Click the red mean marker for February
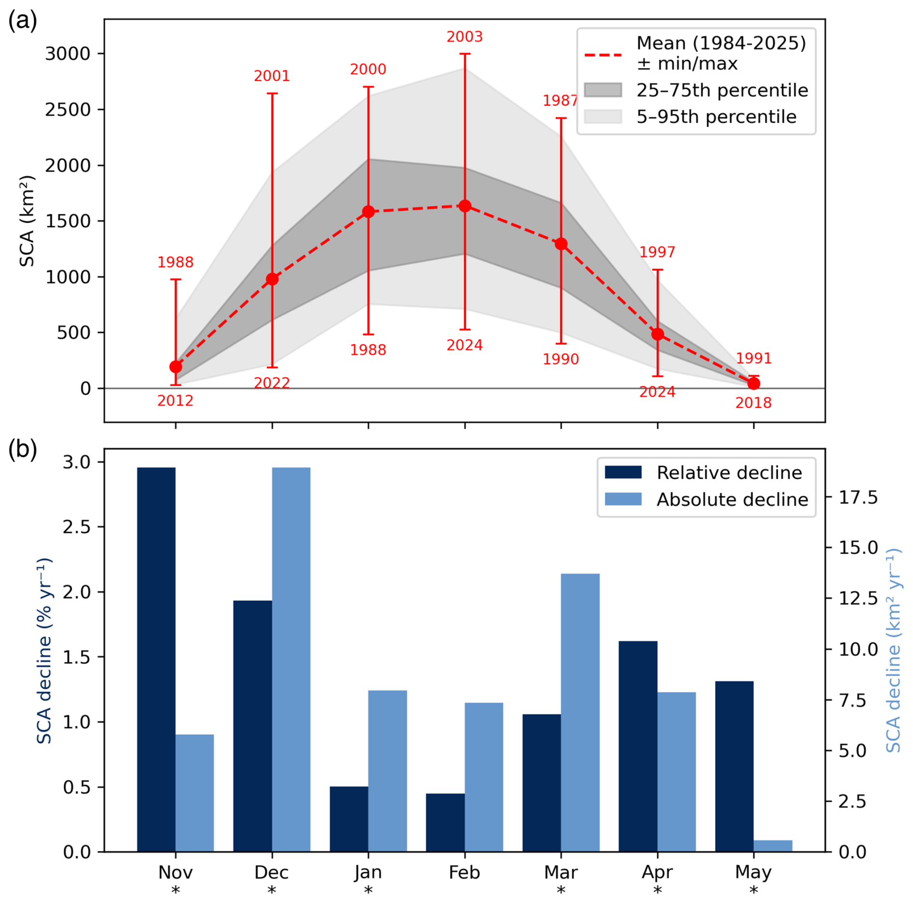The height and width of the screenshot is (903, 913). click(x=464, y=206)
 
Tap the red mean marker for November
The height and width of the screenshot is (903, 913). click(x=176, y=367)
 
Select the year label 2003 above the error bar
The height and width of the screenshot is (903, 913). click(x=464, y=37)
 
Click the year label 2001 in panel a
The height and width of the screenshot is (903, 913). click(x=272, y=76)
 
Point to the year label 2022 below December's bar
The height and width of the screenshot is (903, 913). click(x=272, y=383)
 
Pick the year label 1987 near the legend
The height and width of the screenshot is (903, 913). click(x=560, y=100)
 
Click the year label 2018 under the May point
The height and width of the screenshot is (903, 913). click(x=753, y=403)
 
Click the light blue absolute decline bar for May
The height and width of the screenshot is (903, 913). click(x=773, y=846)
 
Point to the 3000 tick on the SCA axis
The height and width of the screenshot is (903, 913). click(x=68, y=54)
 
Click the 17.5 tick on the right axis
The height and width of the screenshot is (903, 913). click(x=858, y=497)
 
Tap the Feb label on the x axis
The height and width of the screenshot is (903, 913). click(x=464, y=873)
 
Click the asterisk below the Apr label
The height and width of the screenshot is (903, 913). click(x=657, y=890)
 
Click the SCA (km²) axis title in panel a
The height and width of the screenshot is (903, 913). click(x=27, y=221)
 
